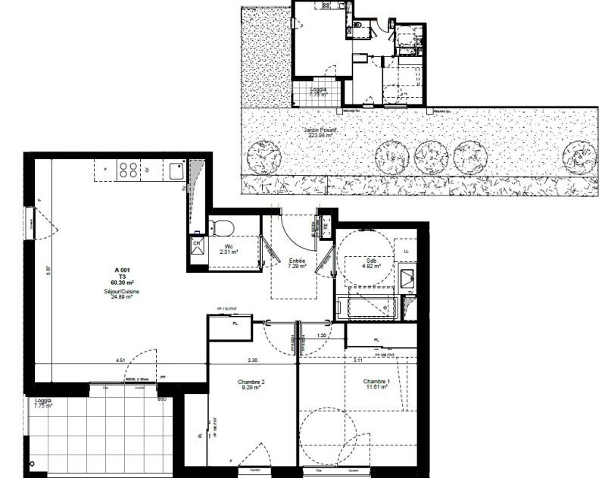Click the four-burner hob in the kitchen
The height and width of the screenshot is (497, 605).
(128, 171)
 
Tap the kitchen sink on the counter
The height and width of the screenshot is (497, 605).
(177, 170)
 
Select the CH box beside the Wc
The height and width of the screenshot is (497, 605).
(197, 245)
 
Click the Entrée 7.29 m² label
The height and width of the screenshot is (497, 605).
(297, 263)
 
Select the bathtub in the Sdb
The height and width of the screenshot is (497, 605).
(366, 308)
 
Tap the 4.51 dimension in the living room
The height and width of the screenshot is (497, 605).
(120, 360)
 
